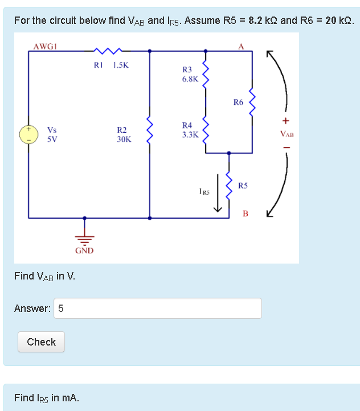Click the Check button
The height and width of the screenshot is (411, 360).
pyautogui.click(x=41, y=342)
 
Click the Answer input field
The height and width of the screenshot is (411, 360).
pyautogui.click(x=158, y=309)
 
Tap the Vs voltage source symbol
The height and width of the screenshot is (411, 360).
pyautogui.click(x=28, y=134)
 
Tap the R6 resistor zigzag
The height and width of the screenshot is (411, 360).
pyautogui.click(x=252, y=102)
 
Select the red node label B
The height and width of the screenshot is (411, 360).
pyautogui.click(x=245, y=214)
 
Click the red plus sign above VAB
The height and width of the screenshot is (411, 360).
pyautogui.click(x=286, y=121)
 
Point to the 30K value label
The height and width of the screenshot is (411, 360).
pyautogui.click(x=124, y=138)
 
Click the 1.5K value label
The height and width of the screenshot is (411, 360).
pyautogui.click(x=121, y=65)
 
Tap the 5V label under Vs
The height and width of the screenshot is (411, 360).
pyautogui.click(x=52, y=138)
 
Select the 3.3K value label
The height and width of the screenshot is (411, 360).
pyautogui.click(x=190, y=135)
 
